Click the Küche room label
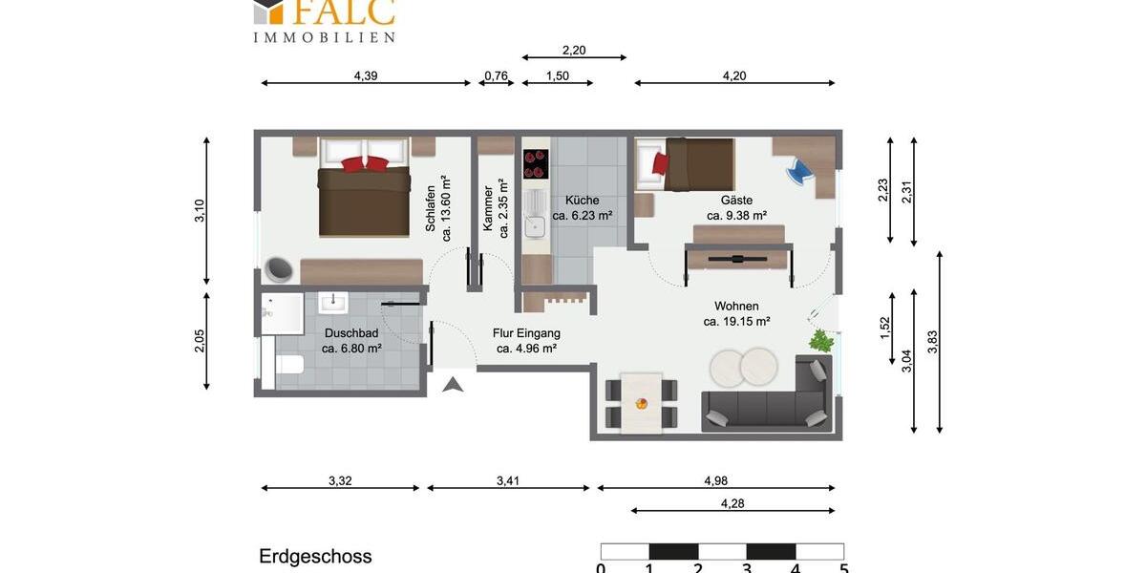pyautogui.click(x=582, y=208)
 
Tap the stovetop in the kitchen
pyautogui.click(x=536, y=163)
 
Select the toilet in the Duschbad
pyautogui.click(x=289, y=365)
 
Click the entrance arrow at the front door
pyautogui.click(x=454, y=384)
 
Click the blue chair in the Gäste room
pyautogui.click(x=798, y=172)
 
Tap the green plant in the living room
pyautogui.click(x=820, y=340)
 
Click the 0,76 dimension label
pyautogui.click(x=497, y=76)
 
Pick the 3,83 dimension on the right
pyautogui.click(x=932, y=342)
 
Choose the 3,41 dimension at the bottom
pyautogui.click(x=507, y=481)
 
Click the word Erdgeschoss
pyautogui.click(x=315, y=556)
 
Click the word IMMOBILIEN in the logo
pyautogui.click(x=324, y=37)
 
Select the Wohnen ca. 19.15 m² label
pyautogui.click(x=736, y=314)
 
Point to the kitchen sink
pyautogui.click(x=536, y=227)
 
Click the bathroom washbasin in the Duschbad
pyautogui.click(x=334, y=304)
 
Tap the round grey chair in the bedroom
pyautogui.click(x=278, y=270)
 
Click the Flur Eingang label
pyautogui.click(x=526, y=341)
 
